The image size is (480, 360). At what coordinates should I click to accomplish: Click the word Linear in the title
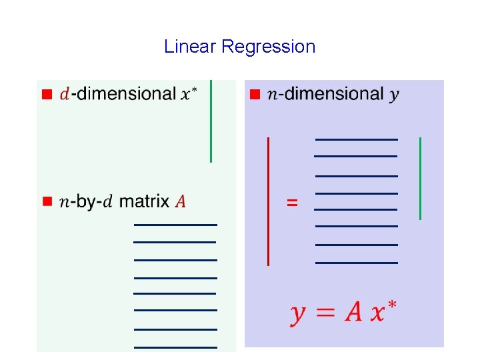[190, 47]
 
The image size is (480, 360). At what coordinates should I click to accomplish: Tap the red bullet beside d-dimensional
[47, 94]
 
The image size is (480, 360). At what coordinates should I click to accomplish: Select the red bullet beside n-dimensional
[253, 94]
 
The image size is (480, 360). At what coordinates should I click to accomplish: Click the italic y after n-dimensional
[395, 95]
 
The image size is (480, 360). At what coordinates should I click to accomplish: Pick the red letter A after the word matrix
[180, 201]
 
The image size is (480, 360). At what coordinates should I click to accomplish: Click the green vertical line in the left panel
[211, 121]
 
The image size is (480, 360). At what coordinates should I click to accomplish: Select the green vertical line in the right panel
[420, 178]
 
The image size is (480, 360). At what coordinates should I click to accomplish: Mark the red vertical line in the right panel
[268, 201]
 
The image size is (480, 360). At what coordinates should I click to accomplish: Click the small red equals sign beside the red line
[292, 201]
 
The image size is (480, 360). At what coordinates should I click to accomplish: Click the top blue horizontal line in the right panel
[356, 139]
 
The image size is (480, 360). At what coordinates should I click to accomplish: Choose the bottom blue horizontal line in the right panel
[356, 263]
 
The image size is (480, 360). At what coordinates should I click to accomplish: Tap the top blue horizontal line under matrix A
[175, 225]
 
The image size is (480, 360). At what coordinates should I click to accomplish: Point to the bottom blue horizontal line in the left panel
[175, 347]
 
